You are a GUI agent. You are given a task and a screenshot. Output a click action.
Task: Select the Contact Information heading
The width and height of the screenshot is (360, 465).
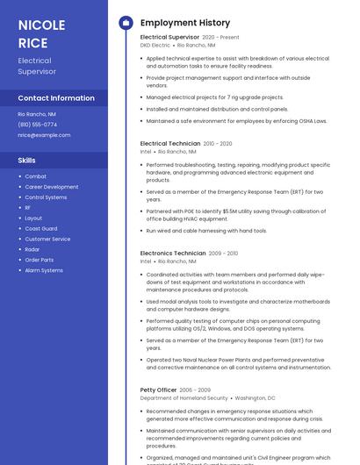click(56, 98)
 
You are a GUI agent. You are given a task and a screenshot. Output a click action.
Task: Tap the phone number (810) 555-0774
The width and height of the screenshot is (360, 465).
click(37, 125)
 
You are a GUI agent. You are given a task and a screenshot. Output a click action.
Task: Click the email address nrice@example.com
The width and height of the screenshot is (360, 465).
click(44, 135)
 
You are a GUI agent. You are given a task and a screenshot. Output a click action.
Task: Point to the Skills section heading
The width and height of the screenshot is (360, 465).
click(27, 161)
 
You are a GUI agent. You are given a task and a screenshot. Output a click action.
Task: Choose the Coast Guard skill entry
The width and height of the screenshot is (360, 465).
click(41, 228)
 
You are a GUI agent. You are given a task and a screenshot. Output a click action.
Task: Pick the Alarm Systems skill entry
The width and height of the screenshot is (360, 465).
click(44, 270)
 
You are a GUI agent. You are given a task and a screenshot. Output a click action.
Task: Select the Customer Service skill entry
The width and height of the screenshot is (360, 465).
click(47, 239)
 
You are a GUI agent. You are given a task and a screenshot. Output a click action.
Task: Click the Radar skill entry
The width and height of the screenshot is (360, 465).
click(32, 249)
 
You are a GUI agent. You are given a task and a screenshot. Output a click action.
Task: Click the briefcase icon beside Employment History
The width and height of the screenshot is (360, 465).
click(125, 23)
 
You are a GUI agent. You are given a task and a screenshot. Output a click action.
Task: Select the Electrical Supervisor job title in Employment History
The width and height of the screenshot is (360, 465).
click(169, 38)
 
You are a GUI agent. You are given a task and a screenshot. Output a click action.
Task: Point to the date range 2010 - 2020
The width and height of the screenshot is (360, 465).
click(218, 143)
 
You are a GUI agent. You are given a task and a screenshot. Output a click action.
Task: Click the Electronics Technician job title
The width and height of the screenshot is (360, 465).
click(173, 254)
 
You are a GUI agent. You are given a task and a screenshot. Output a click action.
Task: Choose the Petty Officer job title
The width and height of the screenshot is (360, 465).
click(158, 390)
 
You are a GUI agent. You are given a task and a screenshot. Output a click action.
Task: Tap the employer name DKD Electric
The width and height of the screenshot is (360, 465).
click(155, 46)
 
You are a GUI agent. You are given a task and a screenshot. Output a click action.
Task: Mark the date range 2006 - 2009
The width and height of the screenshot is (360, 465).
click(195, 390)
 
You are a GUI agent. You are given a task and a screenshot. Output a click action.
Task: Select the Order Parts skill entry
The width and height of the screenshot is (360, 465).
click(39, 260)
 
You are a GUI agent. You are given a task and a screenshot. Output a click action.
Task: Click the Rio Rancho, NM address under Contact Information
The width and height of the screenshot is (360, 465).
click(37, 114)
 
